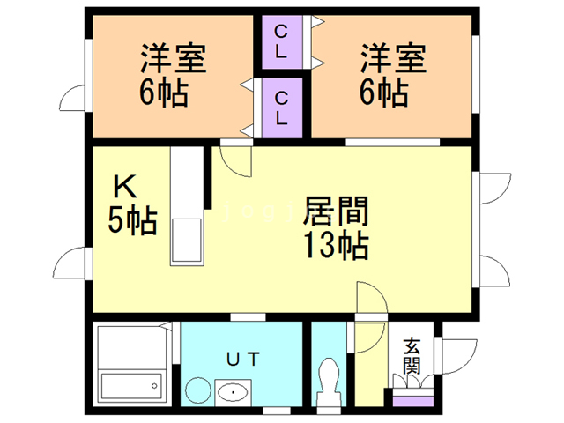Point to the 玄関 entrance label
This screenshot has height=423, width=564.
pos(412,356)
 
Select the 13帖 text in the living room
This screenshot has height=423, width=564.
pos(335,246)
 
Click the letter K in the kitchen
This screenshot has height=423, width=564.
pos(124,188)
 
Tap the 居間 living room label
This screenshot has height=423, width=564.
pos(335,212)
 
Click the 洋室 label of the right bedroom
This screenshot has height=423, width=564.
pos(392,59)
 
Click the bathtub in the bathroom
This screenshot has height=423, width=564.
pos(131,386)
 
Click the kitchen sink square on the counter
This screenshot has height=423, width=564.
pos(187,241)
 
